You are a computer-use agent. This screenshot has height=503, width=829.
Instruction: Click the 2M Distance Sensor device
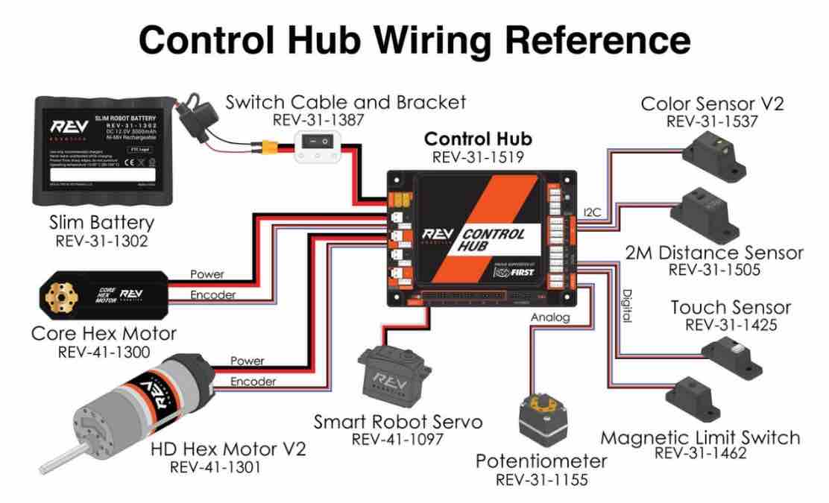tap(705, 213)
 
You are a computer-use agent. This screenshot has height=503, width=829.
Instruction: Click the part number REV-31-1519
tap(477, 157)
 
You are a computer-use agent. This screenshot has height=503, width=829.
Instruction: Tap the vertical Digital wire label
tap(626, 306)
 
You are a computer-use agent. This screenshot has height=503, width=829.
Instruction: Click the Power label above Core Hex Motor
tap(207, 274)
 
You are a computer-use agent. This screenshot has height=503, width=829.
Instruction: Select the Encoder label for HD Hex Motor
tap(253, 382)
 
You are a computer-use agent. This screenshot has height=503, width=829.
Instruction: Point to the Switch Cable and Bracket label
tap(345, 101)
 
